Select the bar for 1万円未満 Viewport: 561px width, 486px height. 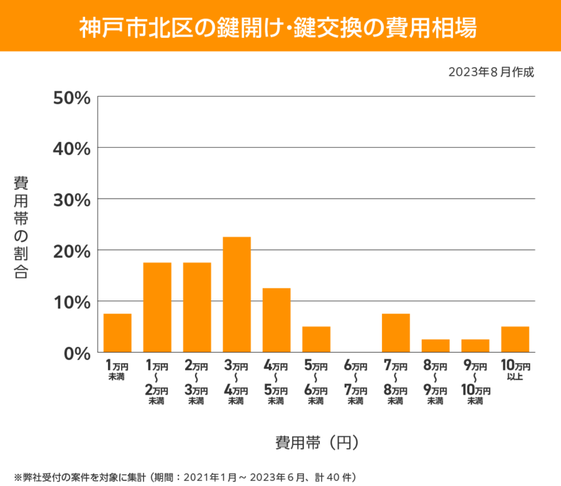coord(118,333)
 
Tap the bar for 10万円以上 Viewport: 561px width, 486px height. coord(515,340)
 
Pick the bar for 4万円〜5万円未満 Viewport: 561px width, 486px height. coord(277,320)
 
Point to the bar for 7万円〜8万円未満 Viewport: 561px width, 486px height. coord(396,333)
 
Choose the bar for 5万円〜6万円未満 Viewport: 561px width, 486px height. coord(316,340)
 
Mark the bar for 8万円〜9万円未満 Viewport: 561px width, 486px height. coord(435,346)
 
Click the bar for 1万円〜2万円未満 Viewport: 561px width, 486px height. coord(158,308)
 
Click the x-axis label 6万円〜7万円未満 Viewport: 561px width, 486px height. coord(356,383)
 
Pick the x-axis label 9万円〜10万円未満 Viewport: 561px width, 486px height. coord(475,383)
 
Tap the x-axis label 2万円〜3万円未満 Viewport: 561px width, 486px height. coord(197,383)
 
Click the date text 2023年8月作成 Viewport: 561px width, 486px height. coord(491,72)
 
